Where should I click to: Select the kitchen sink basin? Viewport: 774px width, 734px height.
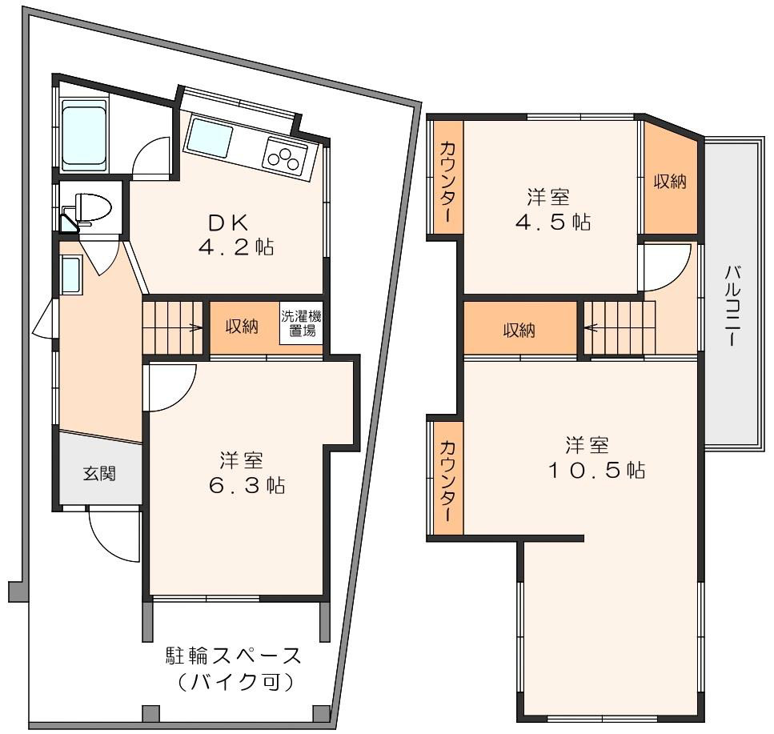[x=209, y=139]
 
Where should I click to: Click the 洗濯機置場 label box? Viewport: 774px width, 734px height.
[x=301, y=323]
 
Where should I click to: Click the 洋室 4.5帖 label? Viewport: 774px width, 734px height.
[x=551, y=210]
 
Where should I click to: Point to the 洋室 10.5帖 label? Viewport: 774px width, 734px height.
[x=593, y=457]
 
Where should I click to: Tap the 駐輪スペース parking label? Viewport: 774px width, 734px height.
[x=234, y=668]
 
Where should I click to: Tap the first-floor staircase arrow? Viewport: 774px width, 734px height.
[x=193, y=327]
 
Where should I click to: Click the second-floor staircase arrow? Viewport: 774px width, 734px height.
[x=592, y=327]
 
